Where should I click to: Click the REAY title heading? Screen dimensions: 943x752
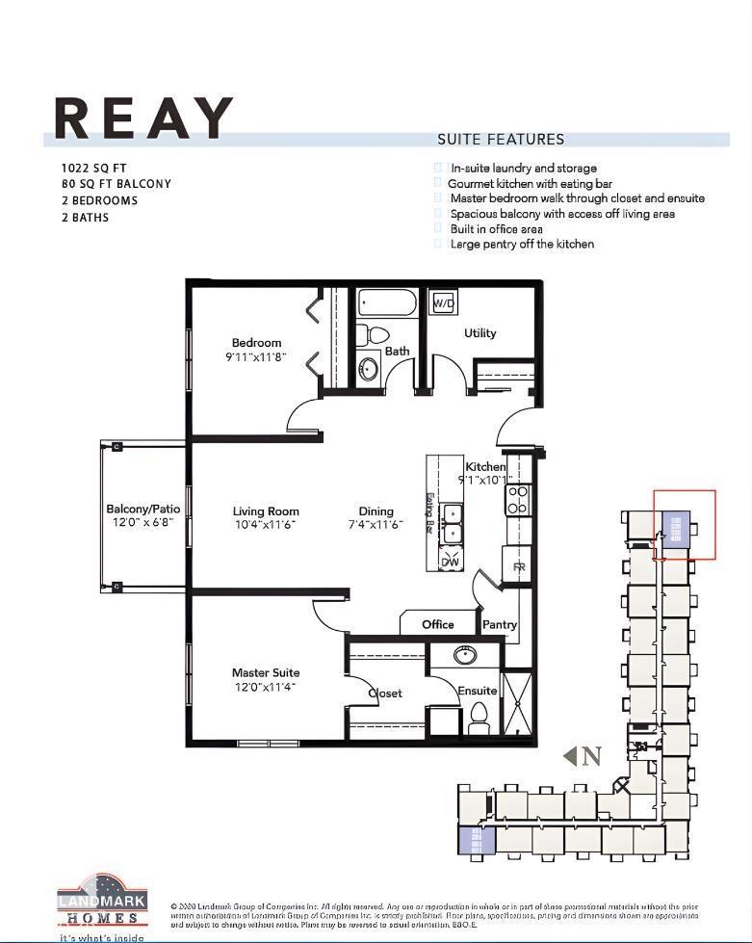pos(144,118)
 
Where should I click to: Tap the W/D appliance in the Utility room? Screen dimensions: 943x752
pos(443,302)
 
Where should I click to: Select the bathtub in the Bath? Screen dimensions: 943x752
pos(387,303)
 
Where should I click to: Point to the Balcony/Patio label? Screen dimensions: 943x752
pos(143,516)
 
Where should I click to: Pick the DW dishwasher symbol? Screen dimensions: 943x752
pos(450,561)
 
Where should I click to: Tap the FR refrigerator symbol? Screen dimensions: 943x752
pos(518,566)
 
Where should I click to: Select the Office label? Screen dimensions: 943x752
pos(437,624)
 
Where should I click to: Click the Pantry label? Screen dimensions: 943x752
pos(499,624)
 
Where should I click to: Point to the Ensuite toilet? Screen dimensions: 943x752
pos(479,718)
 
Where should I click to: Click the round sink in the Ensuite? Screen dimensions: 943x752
pos(465,656)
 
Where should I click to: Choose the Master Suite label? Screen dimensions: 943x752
pos(265,680)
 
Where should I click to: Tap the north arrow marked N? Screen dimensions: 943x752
pos(583,756)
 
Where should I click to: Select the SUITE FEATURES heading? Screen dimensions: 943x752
pos(501,140)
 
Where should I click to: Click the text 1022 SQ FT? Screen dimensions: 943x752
pos(93,168)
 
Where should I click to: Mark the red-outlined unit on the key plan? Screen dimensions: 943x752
pos(685,524)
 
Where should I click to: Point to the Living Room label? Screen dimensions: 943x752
pos(265,518)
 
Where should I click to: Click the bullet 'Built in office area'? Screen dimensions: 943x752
pos(496,229)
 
